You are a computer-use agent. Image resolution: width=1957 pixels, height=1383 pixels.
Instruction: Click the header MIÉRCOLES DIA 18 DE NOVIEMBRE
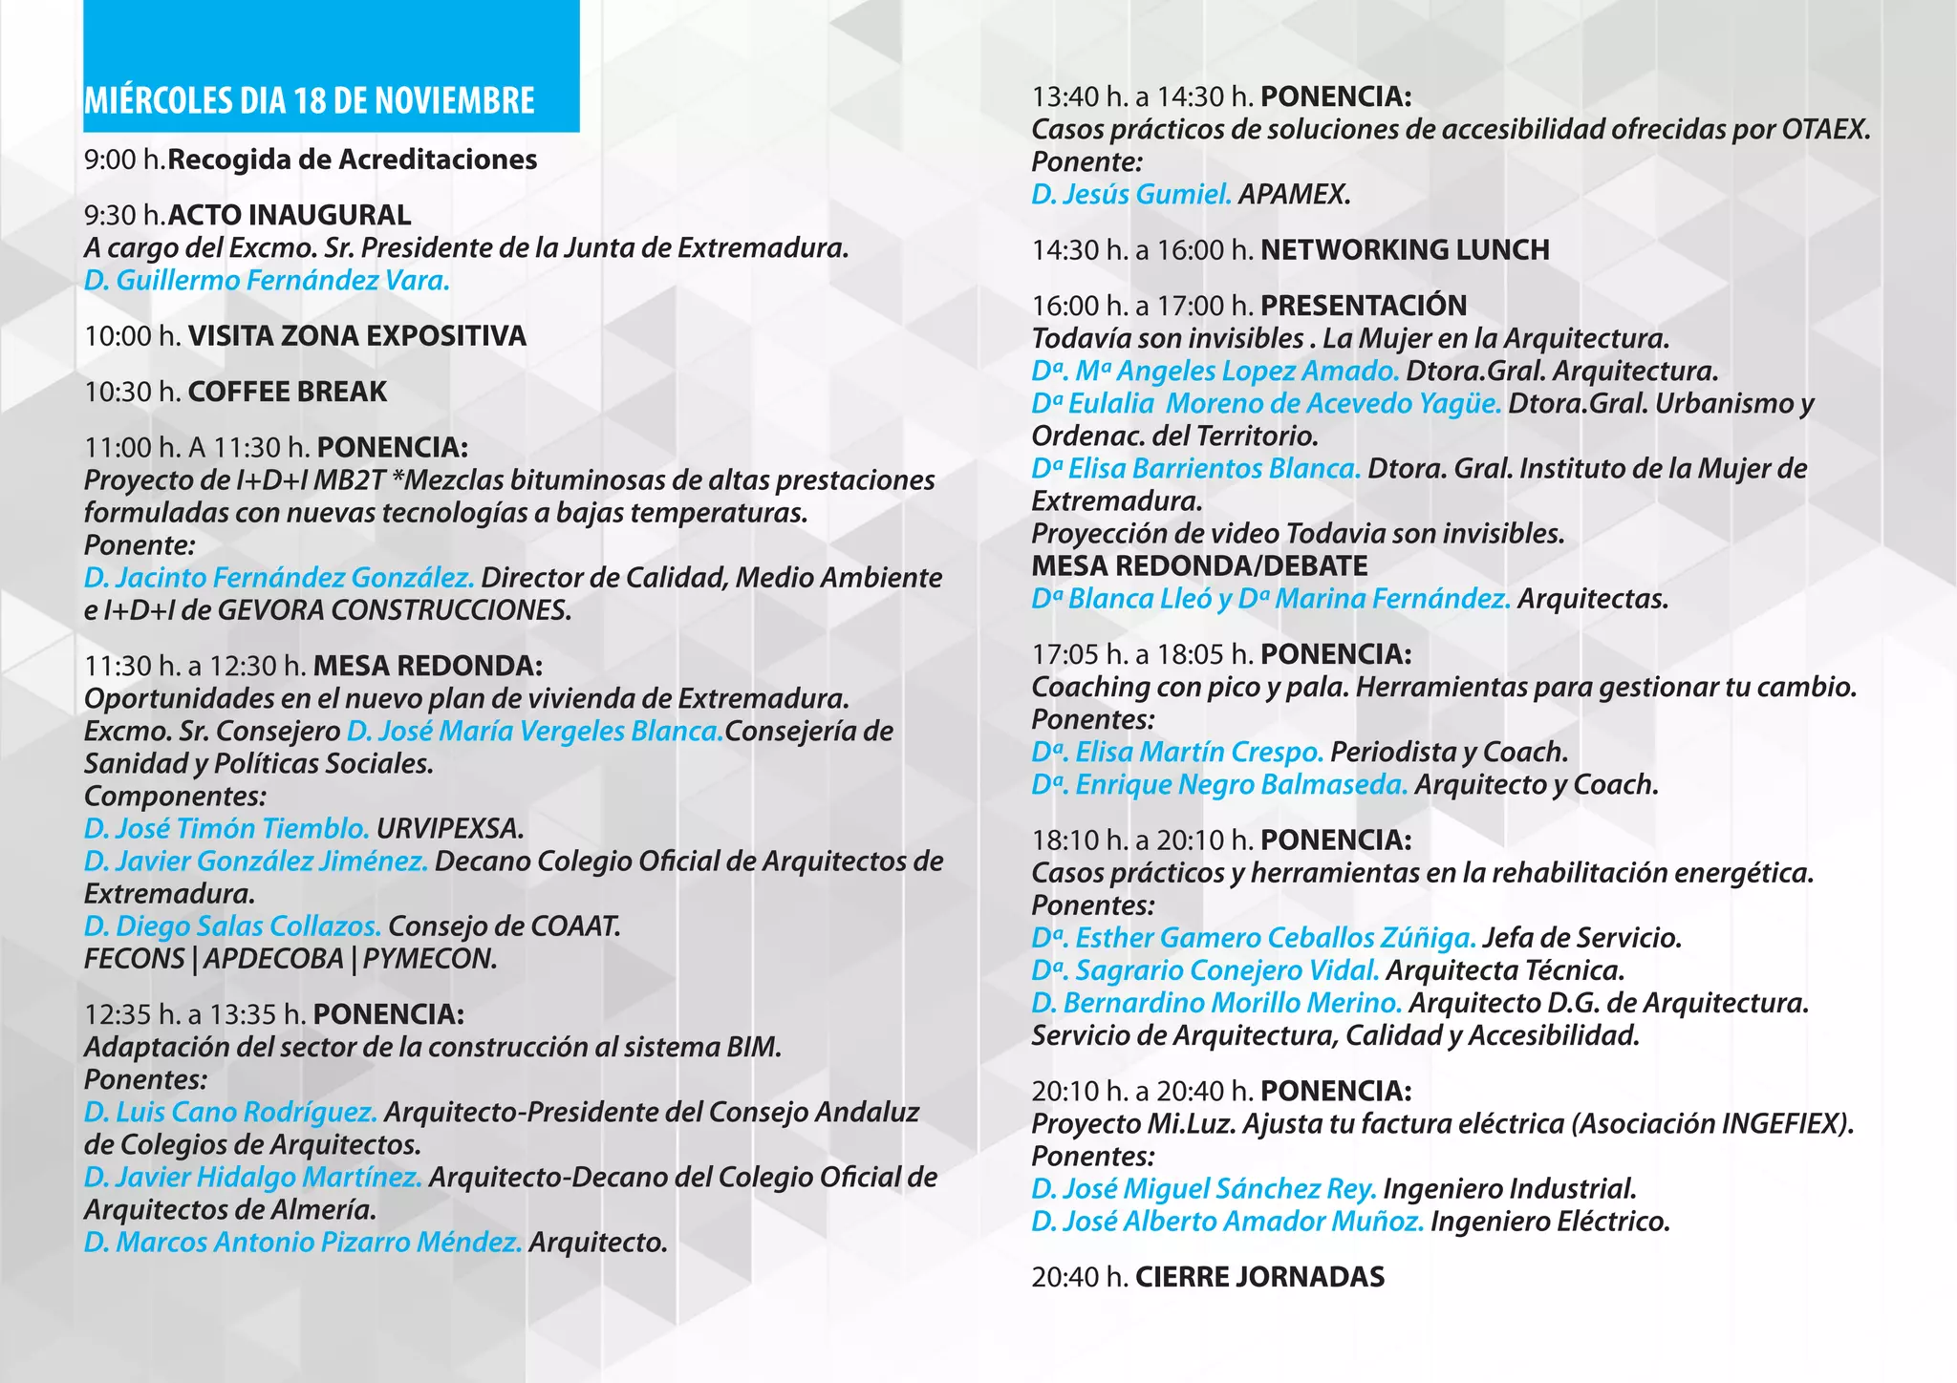point(309,100)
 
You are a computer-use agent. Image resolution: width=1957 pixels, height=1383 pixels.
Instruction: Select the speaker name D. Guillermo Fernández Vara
point(267,280)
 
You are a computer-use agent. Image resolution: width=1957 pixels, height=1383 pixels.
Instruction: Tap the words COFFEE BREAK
point(288,392)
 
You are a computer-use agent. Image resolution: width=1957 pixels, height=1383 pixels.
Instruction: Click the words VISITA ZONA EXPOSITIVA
point(356,336)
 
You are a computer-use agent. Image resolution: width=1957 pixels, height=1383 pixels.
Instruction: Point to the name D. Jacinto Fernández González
point(279,578)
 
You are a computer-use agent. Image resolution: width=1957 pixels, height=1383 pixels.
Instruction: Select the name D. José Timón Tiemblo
point(226,828)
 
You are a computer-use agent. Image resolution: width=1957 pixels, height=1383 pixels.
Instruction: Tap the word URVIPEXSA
point(450,828)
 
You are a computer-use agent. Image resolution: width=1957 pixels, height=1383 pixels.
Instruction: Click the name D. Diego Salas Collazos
point(232,926)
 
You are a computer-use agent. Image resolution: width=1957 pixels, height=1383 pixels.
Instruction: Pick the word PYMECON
point(430,959)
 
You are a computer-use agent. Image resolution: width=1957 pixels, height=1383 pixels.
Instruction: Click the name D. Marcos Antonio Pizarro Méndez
point(303,1243)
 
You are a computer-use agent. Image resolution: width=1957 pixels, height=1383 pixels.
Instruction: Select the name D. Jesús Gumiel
point(1131,195)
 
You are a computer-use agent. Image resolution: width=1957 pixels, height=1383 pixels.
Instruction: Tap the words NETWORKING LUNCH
point(1405,250)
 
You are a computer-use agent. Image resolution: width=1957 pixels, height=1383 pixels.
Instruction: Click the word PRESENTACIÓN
point(1364,306)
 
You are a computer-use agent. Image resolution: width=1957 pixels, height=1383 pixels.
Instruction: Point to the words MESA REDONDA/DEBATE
point(1199,566)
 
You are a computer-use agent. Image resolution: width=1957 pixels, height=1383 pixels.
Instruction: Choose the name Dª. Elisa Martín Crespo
point(1177,753)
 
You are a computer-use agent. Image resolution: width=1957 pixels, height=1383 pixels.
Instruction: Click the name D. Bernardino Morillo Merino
point(1216,1004)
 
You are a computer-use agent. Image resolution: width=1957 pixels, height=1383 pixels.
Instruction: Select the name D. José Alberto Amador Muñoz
point(1227,1222)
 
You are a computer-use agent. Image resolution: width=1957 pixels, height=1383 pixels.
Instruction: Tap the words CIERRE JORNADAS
point(1259,1277)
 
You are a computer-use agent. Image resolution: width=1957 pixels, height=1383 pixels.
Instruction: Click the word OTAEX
point(1825,130)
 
